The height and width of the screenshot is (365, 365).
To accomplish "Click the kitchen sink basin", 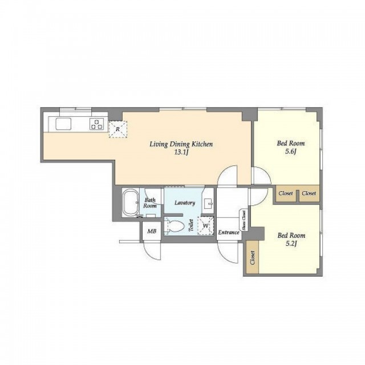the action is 63,124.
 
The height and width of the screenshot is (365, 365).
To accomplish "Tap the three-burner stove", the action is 96,124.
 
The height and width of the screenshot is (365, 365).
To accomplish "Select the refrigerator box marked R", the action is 118,129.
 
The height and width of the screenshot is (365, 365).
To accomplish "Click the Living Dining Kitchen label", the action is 181,144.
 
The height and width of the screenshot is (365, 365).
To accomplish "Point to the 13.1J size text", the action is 181,153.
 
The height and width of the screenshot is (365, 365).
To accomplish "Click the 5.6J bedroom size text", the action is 290,152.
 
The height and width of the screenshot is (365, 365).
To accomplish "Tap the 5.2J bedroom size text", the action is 291,244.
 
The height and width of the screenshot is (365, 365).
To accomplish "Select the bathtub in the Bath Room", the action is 130,202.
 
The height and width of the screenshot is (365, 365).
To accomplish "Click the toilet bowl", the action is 174,226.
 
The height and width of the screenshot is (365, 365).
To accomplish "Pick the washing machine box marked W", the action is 205,226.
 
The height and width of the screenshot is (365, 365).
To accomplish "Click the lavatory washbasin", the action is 208,204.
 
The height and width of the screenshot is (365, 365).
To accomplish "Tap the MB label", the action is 152,232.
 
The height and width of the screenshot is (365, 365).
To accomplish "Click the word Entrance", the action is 229,232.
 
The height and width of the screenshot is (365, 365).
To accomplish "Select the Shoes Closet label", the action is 244,220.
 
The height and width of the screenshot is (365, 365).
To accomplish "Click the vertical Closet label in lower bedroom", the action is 252,257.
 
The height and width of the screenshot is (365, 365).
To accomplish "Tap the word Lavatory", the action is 185,203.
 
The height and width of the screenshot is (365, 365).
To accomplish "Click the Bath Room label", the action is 150,203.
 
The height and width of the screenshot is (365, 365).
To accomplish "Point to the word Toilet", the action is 191,225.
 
